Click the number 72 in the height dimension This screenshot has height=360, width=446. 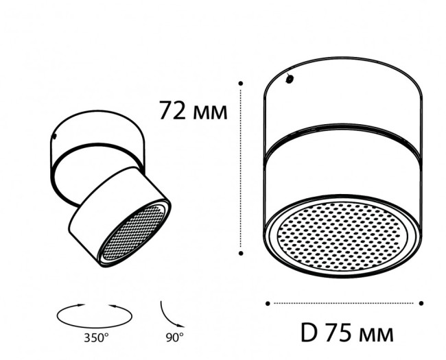(x=174, y=110)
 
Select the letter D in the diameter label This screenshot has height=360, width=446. (x=309, y=334)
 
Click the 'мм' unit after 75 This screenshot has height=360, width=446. (x=377, y=335)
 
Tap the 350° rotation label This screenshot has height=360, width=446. (x=97, y=337)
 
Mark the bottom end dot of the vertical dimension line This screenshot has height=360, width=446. (x=242, y=253)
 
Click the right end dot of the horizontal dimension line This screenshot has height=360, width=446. (x=421, y=302)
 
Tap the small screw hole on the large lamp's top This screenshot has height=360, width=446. (x=290, y=80)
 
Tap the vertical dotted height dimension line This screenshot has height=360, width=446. (x=242, y=171)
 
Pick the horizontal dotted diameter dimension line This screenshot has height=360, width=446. (x=343, y=302)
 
